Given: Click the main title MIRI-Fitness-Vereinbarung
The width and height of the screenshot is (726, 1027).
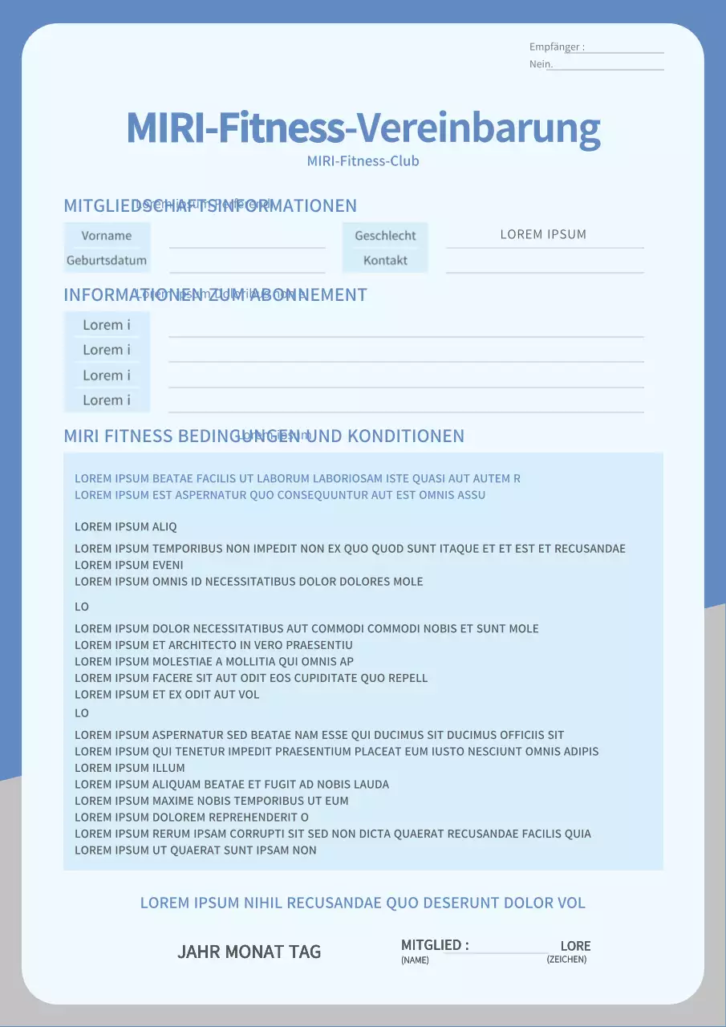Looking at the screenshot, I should click(363, 128).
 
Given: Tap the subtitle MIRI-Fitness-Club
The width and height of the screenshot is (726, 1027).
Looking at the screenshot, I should click(363, 160).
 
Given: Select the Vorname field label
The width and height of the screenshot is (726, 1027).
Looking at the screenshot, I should click(107, 236).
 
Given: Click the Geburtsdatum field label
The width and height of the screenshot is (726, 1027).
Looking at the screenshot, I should click(107, 261).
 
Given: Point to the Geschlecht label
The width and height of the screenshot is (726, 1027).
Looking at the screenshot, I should click(385, 236).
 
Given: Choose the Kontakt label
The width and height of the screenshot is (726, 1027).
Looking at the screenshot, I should click(385, 261).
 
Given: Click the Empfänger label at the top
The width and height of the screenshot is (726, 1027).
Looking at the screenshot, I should click(556, 47).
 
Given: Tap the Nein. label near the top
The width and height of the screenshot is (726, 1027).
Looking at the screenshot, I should click(541, 64).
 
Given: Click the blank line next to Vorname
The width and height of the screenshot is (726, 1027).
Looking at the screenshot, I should click(247, 240).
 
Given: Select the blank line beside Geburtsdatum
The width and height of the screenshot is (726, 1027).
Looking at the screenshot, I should click(247, 265).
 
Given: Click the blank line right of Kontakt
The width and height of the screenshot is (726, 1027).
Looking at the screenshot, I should click(545, 265).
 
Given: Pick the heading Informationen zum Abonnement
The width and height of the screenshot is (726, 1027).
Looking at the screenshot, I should click(215, 295).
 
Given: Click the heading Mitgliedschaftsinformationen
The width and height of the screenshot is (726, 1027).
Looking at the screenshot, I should click(210, 206).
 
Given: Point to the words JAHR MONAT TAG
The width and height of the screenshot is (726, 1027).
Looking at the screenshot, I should click(249, 952).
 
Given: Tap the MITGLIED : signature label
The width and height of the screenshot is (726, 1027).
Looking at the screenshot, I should click(435, 945).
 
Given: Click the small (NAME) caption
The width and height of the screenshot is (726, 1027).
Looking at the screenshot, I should click(415, 960).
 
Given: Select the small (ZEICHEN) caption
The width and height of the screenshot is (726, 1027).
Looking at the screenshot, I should click(566, 960).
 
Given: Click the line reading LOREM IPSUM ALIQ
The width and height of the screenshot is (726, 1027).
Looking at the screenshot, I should click(126, 527).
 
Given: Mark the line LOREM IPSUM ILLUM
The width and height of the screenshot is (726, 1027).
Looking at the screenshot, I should click(130, 768).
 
